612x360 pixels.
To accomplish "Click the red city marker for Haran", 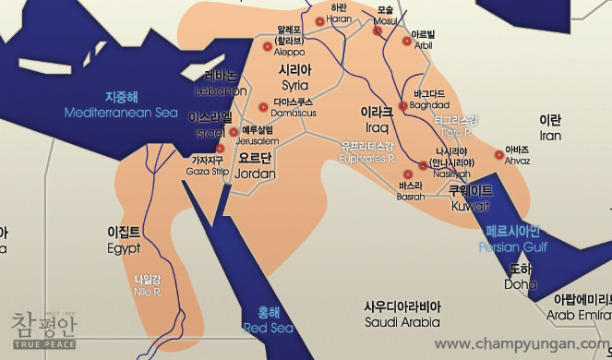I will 320,20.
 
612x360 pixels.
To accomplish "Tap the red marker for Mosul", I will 378,30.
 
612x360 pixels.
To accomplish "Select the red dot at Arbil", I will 406,41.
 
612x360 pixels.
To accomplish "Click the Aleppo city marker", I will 268,45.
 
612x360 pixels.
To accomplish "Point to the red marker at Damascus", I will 265,106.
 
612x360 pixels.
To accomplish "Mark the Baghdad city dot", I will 402,106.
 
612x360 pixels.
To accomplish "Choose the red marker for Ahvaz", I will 499,155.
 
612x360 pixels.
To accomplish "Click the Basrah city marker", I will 408,174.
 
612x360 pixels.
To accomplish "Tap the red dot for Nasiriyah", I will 424,165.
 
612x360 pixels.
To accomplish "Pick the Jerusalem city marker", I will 234,132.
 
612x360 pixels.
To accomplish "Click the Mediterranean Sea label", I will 121,113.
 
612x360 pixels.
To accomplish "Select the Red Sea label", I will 268,328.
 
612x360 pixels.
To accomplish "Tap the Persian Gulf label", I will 513,247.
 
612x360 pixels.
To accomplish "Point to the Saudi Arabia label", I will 402,322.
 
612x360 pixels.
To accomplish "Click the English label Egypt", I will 124,248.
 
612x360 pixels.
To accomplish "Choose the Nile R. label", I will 148,292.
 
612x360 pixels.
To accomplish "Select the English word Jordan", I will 257,174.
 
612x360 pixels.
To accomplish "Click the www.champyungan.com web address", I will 522,344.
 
